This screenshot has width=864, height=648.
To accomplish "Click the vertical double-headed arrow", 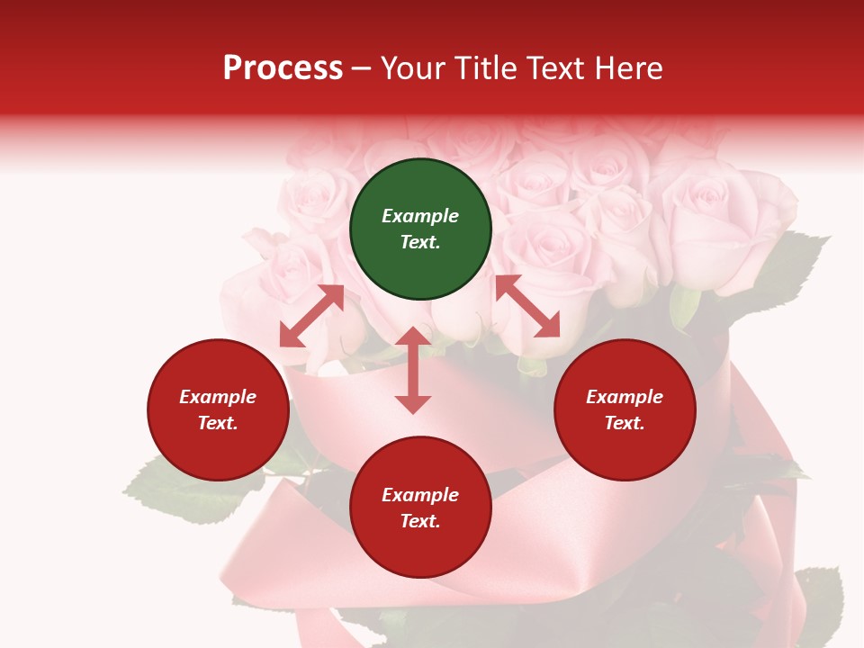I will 413,370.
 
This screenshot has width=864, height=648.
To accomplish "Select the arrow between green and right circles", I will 527,306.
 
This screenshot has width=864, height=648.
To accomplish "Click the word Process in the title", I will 283,68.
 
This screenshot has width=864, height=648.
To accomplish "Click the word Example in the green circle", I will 420,216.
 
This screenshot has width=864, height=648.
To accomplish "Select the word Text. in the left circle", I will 218,423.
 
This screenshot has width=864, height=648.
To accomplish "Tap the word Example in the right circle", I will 625,397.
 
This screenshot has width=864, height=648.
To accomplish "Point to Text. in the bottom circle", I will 420,521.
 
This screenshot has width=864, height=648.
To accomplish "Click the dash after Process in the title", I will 362,69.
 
